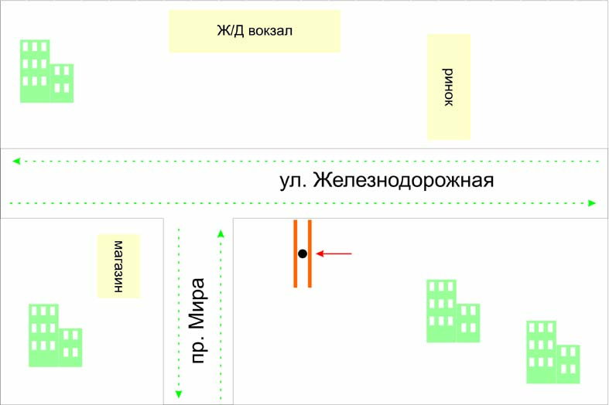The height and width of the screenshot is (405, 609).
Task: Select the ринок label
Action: (448, 87)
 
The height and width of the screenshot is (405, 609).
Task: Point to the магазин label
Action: (118, 266)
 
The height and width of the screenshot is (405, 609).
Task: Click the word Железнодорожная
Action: (402, 182)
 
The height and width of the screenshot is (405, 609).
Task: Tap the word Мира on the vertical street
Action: (199, 305)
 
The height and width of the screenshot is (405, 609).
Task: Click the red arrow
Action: (334, 254)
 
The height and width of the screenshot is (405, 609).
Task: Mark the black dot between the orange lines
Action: (303, 254)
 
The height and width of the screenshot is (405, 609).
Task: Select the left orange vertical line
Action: (295, 254)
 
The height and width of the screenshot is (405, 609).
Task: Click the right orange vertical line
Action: (310, 254)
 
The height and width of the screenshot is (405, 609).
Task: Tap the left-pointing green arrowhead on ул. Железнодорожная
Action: (15, 161)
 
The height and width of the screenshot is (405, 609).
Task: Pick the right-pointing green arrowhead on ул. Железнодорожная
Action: (593, 203)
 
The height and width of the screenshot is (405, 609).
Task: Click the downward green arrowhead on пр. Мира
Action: (179, 394)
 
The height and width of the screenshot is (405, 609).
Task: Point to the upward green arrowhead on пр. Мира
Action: (221, 232)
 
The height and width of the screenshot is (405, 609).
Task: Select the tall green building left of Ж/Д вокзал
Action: (35, 71)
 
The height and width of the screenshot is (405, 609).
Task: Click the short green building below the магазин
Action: (70, 348)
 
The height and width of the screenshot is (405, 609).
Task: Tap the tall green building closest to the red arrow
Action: (441, 311)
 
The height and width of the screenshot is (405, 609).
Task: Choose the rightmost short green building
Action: (568, 364)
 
